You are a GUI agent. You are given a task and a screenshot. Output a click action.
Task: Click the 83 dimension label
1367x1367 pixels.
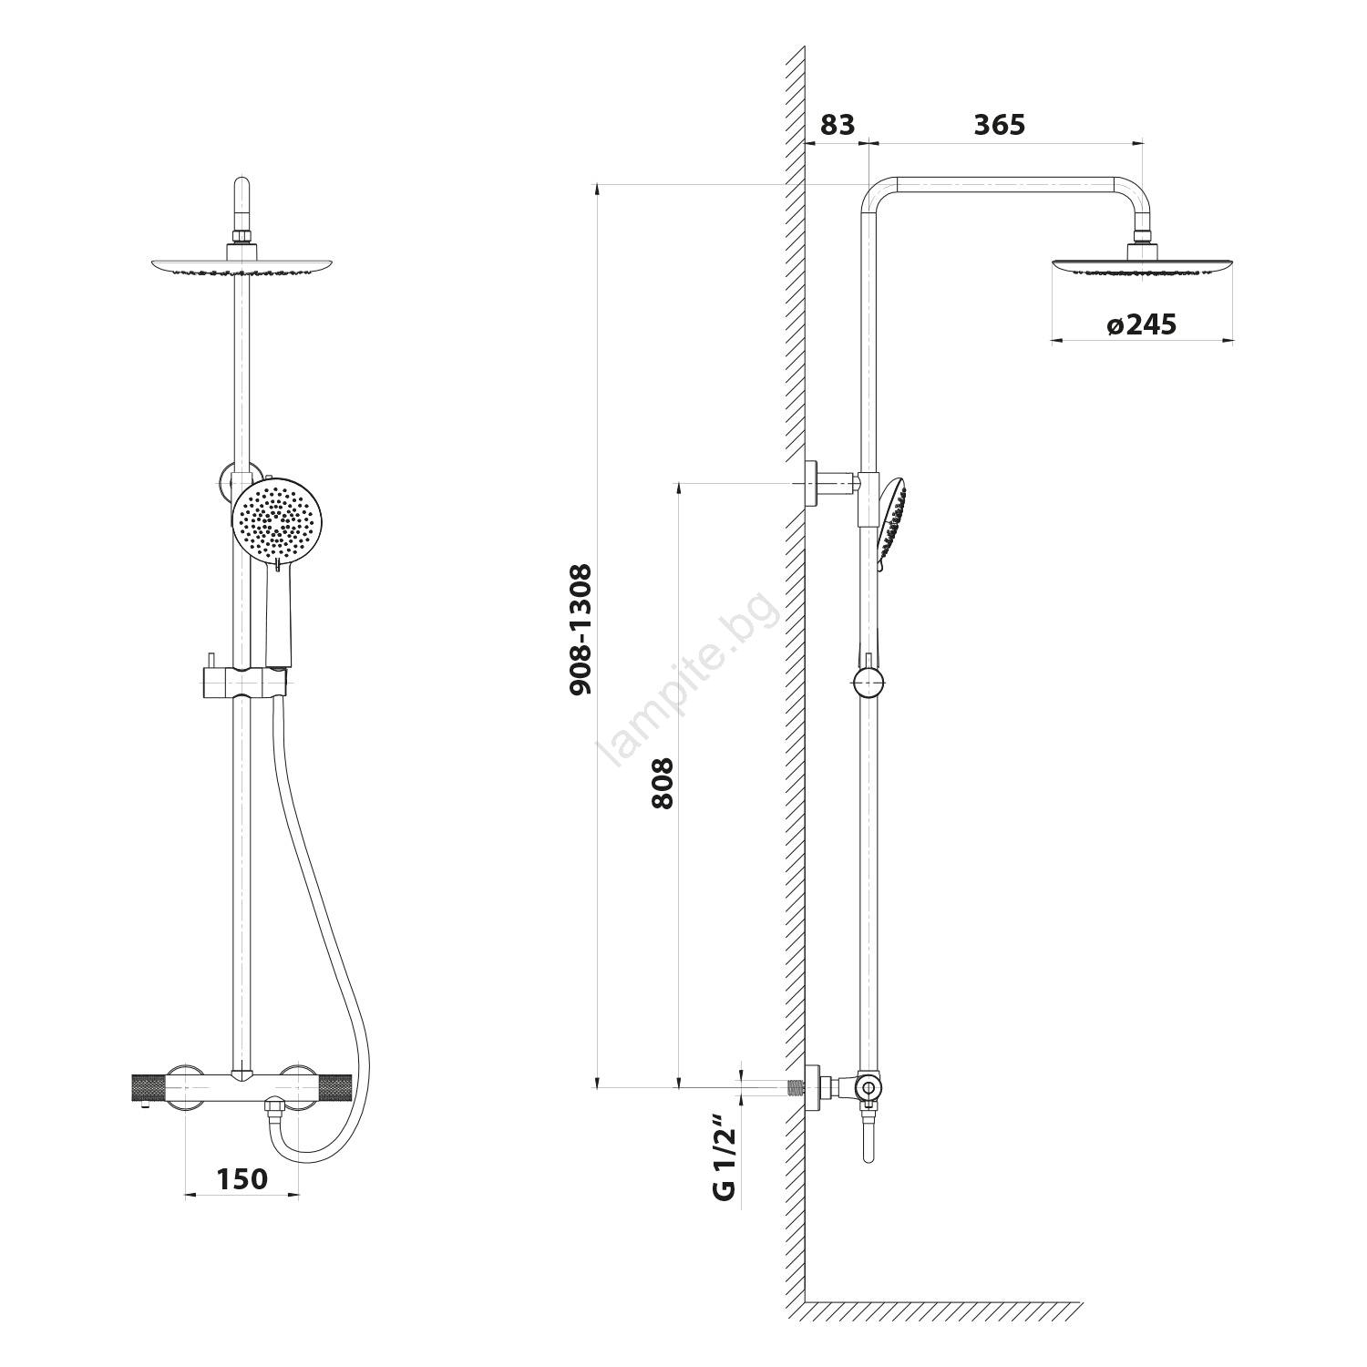[x=837, y=125]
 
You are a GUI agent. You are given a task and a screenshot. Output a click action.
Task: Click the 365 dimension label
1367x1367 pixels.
[x=999, y=125]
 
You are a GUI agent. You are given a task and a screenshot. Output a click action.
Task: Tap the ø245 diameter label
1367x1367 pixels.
[x=1141, y=324]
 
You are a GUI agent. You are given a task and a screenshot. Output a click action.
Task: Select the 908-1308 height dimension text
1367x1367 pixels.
[x=581, y=629]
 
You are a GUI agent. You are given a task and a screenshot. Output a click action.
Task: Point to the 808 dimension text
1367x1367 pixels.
[x=663, y=783]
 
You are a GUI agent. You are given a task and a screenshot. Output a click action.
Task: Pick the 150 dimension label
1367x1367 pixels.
[x=242, y=1178]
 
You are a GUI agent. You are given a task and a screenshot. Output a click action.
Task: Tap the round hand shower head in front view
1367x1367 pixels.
[x=277, y=520]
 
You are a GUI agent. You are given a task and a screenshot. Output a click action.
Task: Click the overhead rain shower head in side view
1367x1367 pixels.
[x=1143, y=266]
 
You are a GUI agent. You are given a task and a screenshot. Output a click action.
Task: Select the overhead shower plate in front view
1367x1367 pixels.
[x=242, y=265]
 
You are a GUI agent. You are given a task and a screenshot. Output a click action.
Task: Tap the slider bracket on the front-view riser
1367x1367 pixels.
[x=242, y=681]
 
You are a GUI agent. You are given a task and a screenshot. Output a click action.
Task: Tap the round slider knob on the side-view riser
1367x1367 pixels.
[x=869, y=682]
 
